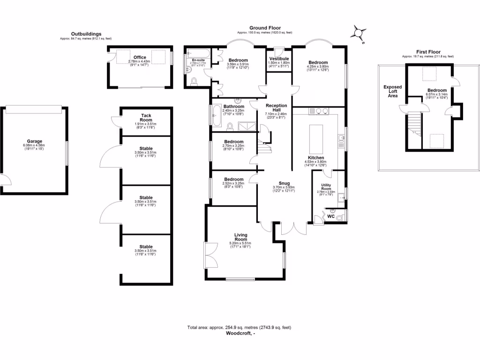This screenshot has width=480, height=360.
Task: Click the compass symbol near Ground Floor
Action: [359, 33]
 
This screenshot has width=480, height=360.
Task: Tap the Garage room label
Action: [34, 141]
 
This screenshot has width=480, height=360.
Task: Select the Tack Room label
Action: [146, 117]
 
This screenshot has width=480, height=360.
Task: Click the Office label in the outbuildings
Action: [140, 57]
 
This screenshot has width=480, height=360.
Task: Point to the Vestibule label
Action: [278, 58]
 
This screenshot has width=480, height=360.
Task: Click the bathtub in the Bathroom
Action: [217, 116]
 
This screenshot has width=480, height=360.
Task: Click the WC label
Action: [331, 216]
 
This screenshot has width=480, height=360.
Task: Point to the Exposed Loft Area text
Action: [392, 91]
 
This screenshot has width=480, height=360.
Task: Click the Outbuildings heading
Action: [86, 34]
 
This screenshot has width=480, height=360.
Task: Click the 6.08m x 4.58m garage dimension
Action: [34, 145]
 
